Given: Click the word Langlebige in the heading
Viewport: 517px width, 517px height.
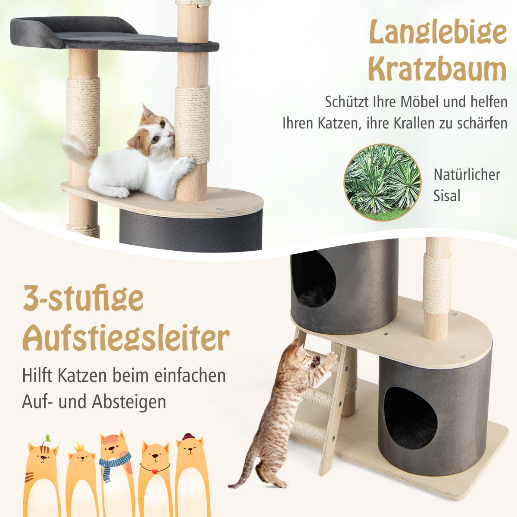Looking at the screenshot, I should [x=438, y=34].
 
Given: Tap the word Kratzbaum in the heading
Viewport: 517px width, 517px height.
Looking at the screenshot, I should [x=438, y=69].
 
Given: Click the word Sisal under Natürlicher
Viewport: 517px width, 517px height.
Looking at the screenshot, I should [x=447, y=196].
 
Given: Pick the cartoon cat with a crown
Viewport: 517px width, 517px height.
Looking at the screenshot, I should [x=81, y=478].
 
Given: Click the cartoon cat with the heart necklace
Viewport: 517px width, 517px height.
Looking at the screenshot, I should [x=154, y=474].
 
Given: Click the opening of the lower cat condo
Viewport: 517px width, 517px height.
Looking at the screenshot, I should [x=410, y=417].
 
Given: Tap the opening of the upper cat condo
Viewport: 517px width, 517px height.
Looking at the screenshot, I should [x=313, y=280].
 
